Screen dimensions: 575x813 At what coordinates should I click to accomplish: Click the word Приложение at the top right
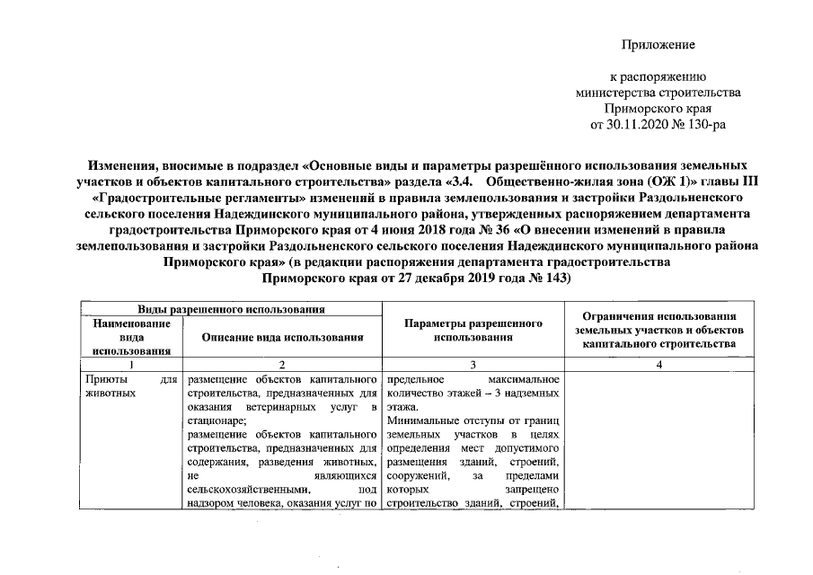point(659,44)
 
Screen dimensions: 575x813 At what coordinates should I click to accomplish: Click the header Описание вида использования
point(282,338)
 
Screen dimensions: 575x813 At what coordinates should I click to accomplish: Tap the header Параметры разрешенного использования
point(472,331)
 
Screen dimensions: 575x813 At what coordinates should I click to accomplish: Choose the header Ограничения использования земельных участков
point(659,330)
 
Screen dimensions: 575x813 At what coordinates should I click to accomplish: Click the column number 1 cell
point(132,365)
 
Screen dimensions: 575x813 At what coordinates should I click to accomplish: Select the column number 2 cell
point(282,365)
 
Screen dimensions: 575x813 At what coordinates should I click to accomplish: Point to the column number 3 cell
point(472,365)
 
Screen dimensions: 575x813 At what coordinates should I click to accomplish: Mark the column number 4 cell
point(659,365)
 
